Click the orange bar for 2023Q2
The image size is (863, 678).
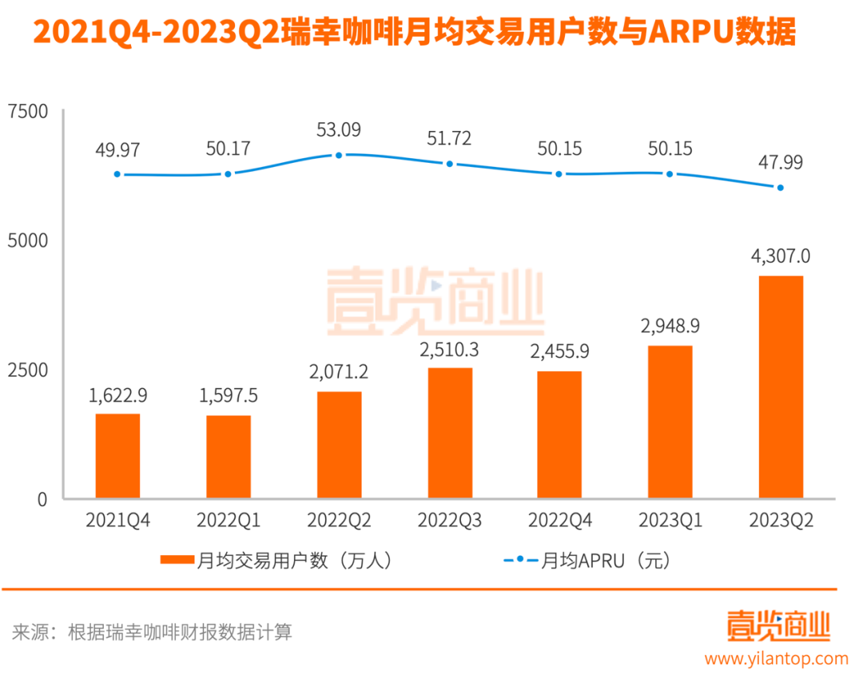pos(780,387)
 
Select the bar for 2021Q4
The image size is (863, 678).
pos(117,456)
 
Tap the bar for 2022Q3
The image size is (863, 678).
pos(449,433)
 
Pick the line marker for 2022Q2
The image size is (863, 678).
pos(339,155)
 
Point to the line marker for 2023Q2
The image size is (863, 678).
pos(781,188)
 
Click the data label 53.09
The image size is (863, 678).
pos(339,129)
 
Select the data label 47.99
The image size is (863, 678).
pos(781,162)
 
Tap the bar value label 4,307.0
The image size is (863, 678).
pos(781,256)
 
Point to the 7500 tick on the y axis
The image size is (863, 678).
pos(28,111)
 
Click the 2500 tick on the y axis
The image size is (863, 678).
pos(28,371)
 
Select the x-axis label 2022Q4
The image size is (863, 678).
pos(559,521)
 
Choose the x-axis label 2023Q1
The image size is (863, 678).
pos(670,521)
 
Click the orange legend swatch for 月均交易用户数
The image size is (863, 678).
pos(177,561)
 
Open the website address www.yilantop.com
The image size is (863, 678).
pos(776,659)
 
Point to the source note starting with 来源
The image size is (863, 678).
pos(152,632)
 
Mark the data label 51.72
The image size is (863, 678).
pos(449,137)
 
